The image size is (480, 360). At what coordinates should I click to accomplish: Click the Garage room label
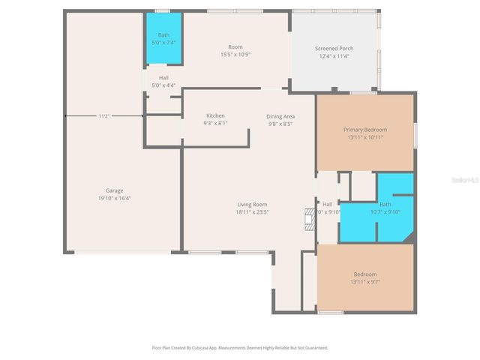[x=114, y=190]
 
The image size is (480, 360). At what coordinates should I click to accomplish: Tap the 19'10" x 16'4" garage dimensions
[x=114, y=198]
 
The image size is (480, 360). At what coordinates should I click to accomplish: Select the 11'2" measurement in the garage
[x=104, y=116]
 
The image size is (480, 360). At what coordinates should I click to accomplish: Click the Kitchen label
[x=215, y=115]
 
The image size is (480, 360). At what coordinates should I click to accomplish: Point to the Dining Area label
[x=280, y=116]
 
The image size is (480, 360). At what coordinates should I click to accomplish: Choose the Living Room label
[x=252, y=204]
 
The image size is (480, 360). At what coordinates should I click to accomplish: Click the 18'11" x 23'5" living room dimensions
[x=252, y=211]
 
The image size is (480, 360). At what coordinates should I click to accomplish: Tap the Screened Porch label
[x=334, y=48]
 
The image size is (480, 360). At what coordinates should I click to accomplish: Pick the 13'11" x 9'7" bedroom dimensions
[x=365, y=281]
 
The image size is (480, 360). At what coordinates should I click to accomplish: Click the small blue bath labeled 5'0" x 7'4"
[x=163, y=39]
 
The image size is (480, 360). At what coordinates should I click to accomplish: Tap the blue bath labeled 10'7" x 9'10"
[x=385, y=208]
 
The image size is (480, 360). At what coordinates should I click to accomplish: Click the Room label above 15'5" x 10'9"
[x=235, y=47]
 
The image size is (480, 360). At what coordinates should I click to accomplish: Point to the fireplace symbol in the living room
[x=307, y=219]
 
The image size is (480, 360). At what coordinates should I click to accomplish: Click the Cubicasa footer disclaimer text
[x=240, y=348]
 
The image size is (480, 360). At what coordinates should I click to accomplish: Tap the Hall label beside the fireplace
[x=328, y=204]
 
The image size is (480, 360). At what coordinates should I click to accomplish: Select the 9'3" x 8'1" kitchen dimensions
[x=215, y=123]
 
